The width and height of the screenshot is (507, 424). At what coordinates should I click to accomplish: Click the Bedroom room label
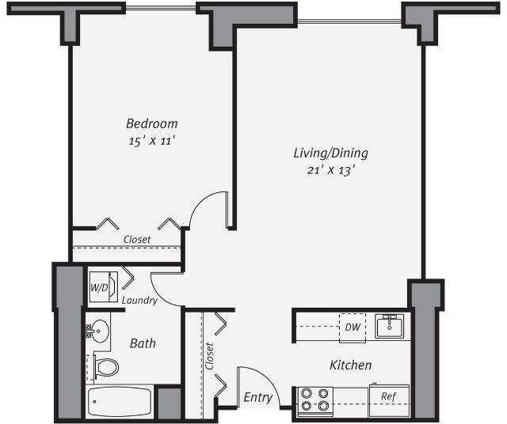151,123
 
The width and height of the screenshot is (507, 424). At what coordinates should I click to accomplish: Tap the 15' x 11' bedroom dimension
151,141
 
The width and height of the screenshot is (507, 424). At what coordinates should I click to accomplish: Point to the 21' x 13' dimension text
327,170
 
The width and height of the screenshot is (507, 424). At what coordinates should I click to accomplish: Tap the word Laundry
139,301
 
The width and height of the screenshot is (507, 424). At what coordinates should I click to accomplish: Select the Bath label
143,343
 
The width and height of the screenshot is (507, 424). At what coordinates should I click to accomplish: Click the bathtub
119,402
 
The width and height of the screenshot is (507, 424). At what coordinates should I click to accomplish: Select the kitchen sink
389,326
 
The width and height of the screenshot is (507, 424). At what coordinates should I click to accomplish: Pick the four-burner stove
315,399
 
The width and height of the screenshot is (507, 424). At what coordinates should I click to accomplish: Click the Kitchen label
350,365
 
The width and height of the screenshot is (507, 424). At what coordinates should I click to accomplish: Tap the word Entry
257,397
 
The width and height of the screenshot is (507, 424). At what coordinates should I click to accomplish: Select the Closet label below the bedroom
136,239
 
